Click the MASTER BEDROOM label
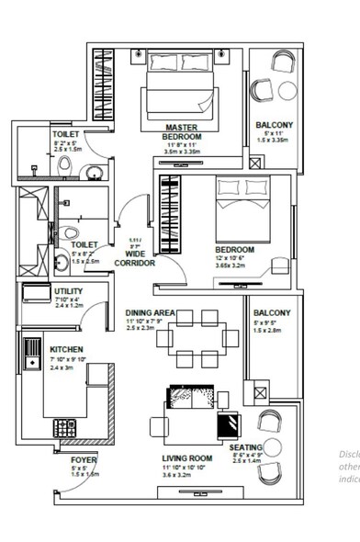182,131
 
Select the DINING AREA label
151,312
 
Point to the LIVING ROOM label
187,457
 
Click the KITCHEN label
67,350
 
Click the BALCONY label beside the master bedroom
275,125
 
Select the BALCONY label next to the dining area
271,312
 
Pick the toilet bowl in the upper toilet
63,164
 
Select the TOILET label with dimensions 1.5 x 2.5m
84,245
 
